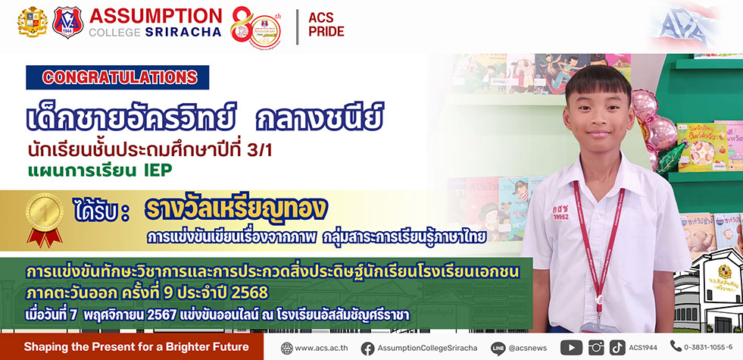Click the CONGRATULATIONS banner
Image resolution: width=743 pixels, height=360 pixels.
pos(117,77)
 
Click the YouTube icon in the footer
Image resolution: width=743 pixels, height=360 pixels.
pos(571,348)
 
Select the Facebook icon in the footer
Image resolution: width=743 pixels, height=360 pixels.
pos(367,348)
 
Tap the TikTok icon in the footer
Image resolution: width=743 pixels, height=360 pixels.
pos(617,348)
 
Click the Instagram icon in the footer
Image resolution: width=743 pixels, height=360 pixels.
pos(596,348)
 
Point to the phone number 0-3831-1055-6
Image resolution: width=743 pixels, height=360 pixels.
pos(708,347)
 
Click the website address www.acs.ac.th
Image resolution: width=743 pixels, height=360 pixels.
pos(321,348)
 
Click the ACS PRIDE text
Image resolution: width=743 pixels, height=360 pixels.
pos(326,25)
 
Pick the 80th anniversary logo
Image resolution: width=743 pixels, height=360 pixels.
pos(256,27)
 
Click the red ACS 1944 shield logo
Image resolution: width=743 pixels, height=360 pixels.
pos(67,22)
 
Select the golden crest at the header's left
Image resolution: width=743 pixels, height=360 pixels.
pos(33,21)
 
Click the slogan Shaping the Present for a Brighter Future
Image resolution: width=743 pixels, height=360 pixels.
pos(136,346)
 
